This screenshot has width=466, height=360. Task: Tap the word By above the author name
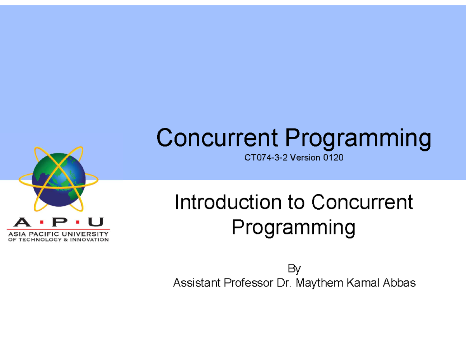pos(294,269)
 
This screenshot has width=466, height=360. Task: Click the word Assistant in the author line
pos(196,283)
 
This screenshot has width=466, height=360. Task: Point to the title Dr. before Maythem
pos(284,283)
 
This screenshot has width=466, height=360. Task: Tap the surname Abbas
pos(400,283)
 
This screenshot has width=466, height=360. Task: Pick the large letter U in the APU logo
pos(96,223)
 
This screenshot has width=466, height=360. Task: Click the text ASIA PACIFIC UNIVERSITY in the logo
pos(58,234)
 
